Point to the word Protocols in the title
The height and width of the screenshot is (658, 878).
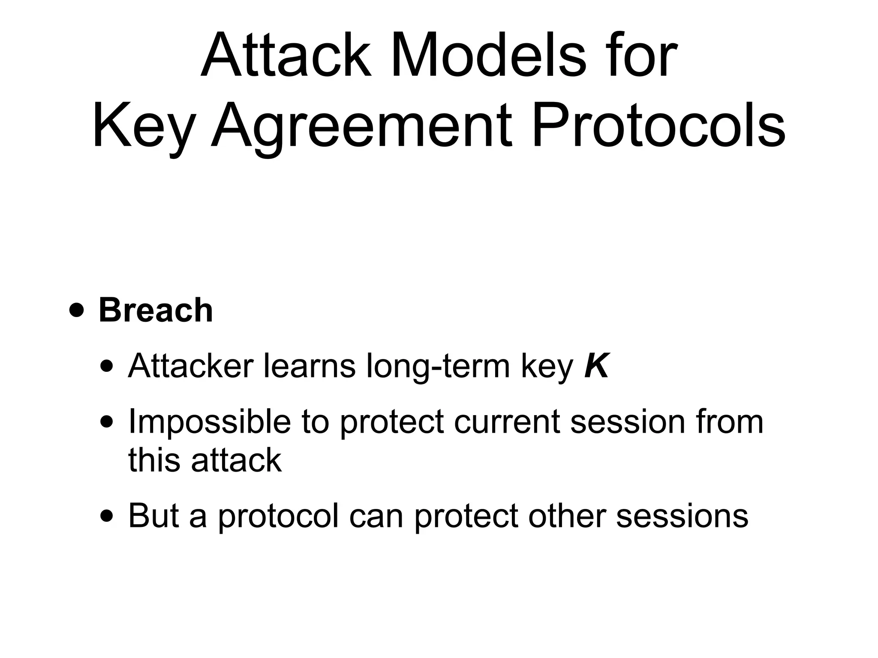point(658,126)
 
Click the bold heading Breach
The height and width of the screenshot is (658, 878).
point(156,310)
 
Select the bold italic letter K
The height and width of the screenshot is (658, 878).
point(596,367)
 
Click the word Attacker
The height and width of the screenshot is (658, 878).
point(191,367)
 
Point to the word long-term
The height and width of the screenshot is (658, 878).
point(439,367)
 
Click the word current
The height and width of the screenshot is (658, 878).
point(507,422)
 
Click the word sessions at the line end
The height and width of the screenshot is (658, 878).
point(682,516)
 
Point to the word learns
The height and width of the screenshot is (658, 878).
point(309,367)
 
